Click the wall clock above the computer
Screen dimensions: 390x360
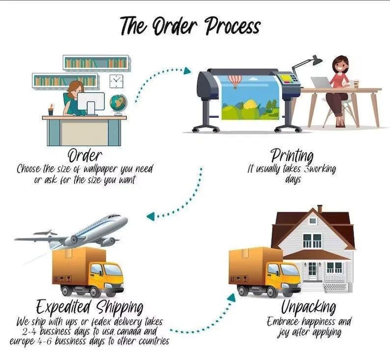116,81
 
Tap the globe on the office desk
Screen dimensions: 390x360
118,105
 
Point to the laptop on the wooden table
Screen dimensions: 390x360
321,83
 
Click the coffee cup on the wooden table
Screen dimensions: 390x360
356,84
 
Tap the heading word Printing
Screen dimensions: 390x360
292,156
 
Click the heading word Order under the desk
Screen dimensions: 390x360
85,155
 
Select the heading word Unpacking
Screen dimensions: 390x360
308,307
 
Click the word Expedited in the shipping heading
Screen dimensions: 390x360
64,307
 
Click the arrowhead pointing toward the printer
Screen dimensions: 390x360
187,71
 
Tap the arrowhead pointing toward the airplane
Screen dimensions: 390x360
151,216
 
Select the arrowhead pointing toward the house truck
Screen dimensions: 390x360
231,298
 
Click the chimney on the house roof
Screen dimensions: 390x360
320,209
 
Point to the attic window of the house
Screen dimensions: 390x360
312,220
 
